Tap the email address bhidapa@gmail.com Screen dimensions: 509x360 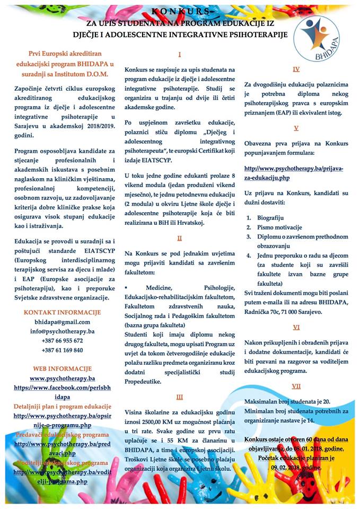pyautogui.click(x=63, y=321)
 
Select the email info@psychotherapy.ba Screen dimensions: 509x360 pyautogui.click(x=63, y=331)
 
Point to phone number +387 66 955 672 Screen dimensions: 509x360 pyautogui.click(x=62, y=340)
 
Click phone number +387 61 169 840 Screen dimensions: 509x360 pyautogui.click(x=62, y=350)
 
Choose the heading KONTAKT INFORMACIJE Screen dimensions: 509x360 pyautogui.click(x=62, y=312)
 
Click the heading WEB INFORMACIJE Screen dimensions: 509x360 pyautogui.click(x=62, y=368)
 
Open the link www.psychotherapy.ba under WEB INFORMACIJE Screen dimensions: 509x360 pyautogui.click(x=62, y=378)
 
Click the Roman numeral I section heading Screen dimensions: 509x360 pyautogui.click(x=180, y=54)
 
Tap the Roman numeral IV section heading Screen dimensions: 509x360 pyautogui.click(x=296, y=69)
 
